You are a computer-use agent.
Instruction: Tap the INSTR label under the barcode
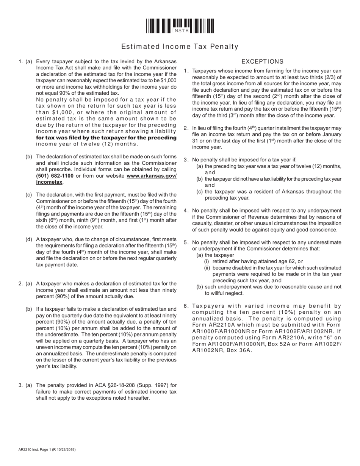(x=180, y=31)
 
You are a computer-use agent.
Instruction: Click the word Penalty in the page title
(x=225, y=47)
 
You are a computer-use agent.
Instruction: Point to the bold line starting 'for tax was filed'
(x=106, y=138)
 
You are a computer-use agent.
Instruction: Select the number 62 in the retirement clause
(x=291, y=261)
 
